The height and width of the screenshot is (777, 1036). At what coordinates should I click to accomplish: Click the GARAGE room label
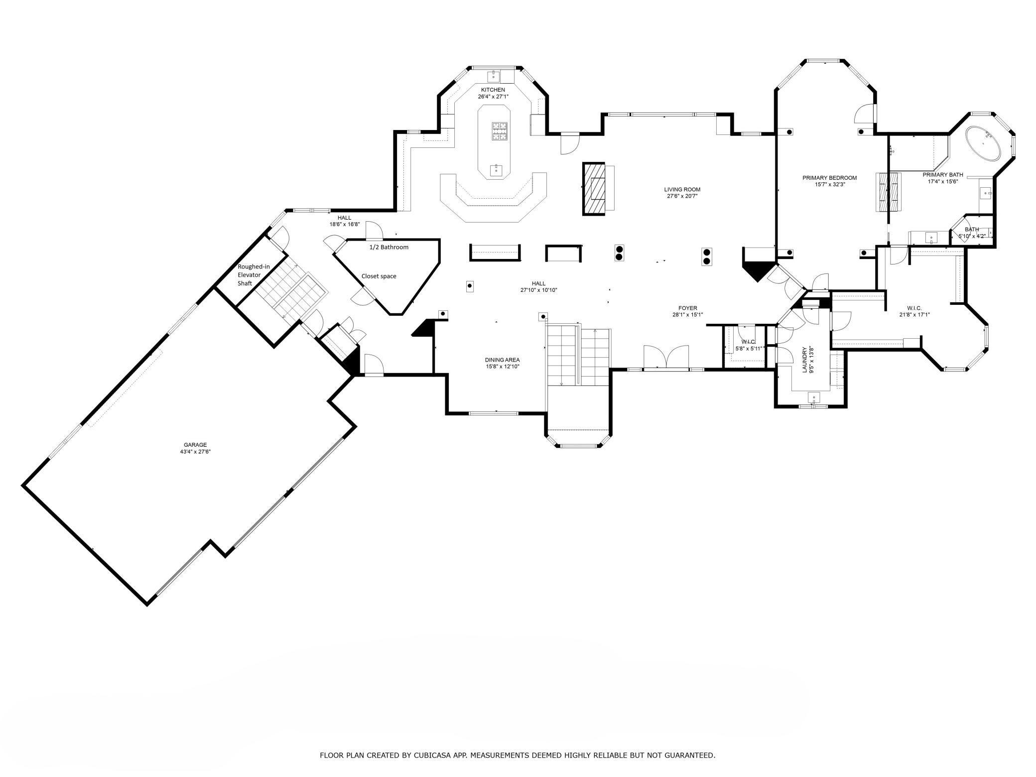[x=195, y=445]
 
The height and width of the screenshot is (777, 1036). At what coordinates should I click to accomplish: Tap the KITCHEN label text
[x=493, y=90]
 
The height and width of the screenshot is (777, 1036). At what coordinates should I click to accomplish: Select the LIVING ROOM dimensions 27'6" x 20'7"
[x=682, y=196]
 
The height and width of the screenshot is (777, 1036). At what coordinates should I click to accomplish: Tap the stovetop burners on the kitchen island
[x=500, y=131]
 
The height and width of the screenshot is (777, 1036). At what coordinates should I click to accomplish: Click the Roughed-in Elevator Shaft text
[x=253, y=275]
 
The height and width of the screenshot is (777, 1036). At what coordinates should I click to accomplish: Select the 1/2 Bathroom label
[x=388, y=247]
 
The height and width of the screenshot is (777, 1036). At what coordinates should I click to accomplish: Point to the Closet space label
[x=379, y=276]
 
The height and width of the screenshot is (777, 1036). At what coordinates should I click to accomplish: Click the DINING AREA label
[x=502, y=360]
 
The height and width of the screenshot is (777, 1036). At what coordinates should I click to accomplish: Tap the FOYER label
[x=687, y=308]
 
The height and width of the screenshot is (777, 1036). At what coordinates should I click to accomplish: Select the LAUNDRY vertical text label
[x=804, y=360]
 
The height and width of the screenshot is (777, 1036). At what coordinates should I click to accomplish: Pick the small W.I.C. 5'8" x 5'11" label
[x=749, y=345]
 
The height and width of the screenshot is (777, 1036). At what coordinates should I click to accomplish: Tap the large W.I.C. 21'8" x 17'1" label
[x=914, y=311]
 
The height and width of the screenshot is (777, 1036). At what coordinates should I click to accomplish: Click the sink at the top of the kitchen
[x=494, y=76]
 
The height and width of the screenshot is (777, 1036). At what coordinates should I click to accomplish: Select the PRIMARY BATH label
[x=942, y=175]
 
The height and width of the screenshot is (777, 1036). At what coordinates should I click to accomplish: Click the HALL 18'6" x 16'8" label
[x=344, y=221]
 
